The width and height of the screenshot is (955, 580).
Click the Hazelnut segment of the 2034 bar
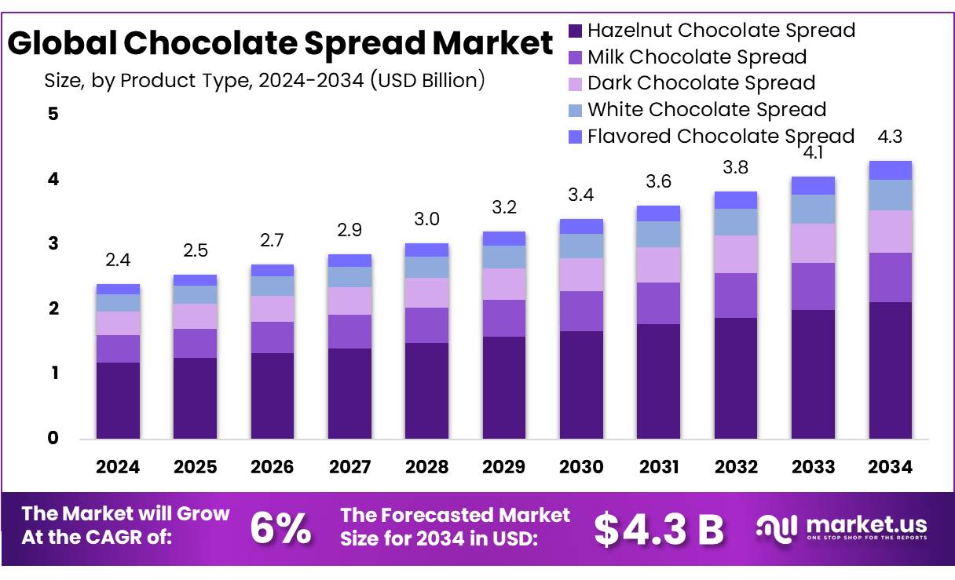point(890,370)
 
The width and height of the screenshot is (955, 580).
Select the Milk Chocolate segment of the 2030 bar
point(581,311)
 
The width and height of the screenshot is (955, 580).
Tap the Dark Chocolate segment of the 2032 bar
point(736,254)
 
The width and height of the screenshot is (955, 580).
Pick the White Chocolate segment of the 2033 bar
point(813,209)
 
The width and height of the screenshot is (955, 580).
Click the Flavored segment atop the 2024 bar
point(118,289)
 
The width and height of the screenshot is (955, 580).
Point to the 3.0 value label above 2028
point(426,219)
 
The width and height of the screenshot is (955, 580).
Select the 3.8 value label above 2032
point(736,167)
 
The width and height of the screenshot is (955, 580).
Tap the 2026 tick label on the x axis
point(272,467)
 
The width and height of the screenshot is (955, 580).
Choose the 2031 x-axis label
point(658,467)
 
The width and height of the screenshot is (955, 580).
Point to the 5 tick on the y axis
point(53,114)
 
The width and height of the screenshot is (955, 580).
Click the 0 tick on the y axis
point(53,438)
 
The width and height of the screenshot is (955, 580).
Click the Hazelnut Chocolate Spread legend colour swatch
point(576,31)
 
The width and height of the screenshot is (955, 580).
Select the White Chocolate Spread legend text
point(707,109)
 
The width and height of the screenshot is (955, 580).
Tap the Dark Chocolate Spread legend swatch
point(576,83)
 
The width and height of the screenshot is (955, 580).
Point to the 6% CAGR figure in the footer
point(280,528)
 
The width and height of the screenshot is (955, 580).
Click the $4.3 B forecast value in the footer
point(658,529)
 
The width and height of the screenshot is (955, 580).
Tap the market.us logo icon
point(777,527)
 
